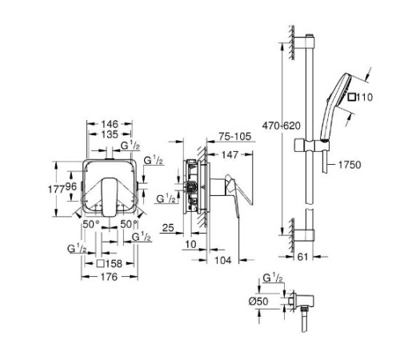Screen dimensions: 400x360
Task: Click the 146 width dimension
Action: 110,124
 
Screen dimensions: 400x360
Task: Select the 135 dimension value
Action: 110,134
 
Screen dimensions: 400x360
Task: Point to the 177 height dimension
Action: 56,189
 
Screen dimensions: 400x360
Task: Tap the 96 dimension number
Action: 71,186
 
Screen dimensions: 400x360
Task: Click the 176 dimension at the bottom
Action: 110,277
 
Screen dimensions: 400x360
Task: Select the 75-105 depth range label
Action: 235,136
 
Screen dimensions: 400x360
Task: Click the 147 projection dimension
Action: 230,154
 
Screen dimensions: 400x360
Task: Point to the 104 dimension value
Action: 223,260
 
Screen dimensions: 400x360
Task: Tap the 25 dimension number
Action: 168,227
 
